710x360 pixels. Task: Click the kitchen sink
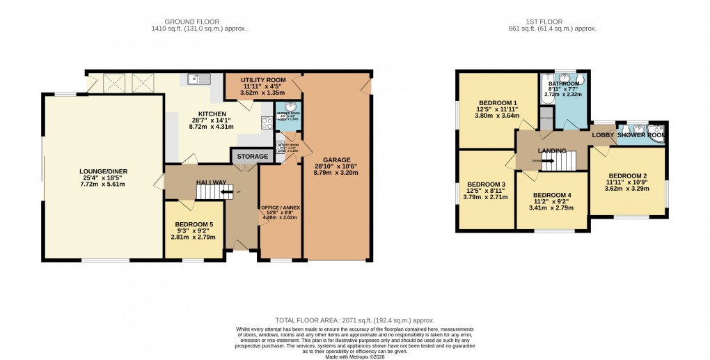click(x=200, y=79)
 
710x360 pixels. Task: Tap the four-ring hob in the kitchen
click(x=267, y=124)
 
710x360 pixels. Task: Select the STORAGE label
click(x=252, y=157)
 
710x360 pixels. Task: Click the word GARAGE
click(x=336, y=159)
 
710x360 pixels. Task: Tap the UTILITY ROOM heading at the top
click(x=263, y=79)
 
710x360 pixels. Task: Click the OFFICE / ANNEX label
click(x=279, y=208)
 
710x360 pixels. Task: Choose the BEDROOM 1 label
click(x=490, y=102)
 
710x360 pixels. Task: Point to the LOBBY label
click(x=603, y=134)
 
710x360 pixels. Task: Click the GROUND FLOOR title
click(x=180, y=21)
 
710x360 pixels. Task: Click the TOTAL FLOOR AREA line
click(x=355, y=318)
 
